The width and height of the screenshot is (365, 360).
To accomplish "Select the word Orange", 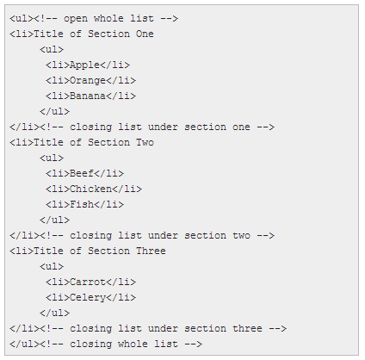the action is (88, 81).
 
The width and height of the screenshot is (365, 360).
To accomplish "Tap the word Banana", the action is (88, 96).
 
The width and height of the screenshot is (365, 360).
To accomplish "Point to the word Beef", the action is (82, 173).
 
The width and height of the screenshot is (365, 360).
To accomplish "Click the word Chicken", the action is (90, 189).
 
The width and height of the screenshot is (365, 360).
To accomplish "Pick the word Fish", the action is (82, 204).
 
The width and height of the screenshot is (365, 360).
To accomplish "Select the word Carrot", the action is (88, 282).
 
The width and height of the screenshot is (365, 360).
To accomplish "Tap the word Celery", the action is (88, 298).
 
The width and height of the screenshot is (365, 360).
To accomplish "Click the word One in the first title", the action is (145, 34).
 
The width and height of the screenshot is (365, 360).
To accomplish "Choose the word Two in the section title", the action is (145, 142).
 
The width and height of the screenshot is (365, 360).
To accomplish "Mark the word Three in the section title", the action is (151, 251).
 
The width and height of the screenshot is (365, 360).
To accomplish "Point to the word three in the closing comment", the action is (247, 328).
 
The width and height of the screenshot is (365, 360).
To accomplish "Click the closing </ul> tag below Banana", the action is (54, 111).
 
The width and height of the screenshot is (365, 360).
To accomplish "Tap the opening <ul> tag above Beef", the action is (52, 158).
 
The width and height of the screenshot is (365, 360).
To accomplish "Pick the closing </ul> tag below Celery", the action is (54, 313).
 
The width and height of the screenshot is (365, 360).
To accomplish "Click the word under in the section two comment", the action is (163, 235).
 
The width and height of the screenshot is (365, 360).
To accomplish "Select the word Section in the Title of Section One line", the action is (108, 34).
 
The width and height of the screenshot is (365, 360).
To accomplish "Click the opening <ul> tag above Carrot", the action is (52, 266).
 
